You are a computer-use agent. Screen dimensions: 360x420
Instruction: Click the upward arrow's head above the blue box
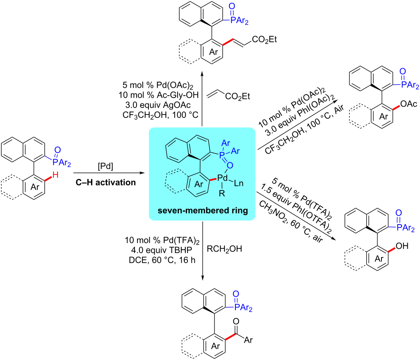(x=203, y=71)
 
